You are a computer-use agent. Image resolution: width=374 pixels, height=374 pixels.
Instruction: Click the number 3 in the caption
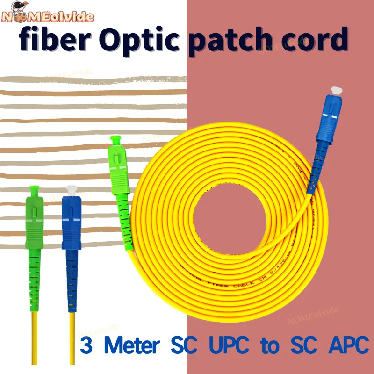(86, 346)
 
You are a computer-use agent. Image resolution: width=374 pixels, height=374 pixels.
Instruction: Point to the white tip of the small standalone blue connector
(71, 191)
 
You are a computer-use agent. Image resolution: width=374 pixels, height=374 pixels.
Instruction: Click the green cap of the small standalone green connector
(33, 190)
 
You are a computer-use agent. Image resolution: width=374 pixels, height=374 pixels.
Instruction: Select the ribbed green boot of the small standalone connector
(34, 280)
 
